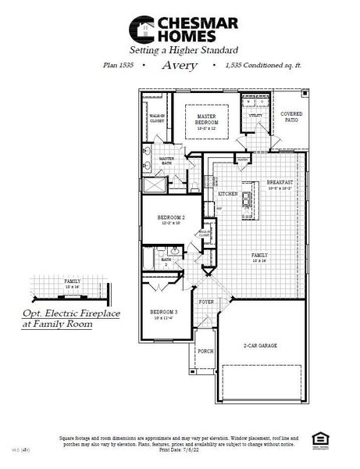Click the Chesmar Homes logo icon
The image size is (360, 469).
pos(141,30)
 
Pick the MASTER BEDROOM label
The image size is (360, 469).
pos(206,119)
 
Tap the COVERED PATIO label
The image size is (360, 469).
pos(291,117)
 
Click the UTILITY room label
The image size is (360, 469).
pos(255,116)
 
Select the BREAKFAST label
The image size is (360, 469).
pos(279,182)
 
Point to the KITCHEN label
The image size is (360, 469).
pos(227,193)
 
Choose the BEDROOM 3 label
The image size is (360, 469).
pos(164,311)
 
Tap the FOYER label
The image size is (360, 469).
pos(206,301)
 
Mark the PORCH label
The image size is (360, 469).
pos(205,351)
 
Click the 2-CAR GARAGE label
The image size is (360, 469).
pos(261,345)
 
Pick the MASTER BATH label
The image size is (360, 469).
pos(166,160)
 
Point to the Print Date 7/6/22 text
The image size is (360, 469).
pos(179,449)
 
